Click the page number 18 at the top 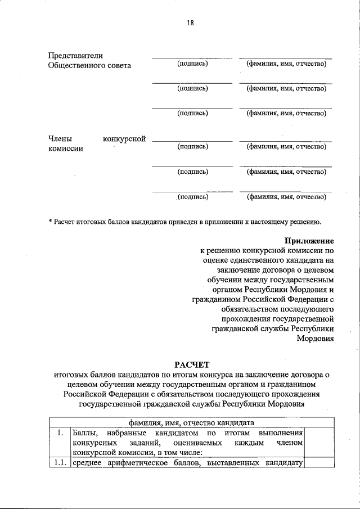click(x=190, y=23)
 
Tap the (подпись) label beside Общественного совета click(x=192, y=64)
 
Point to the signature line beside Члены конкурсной click(x=192, y=141)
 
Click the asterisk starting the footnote click(x=51, y=223)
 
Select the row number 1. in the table click(x=60, y=433)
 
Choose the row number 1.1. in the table click(x=60, y=463)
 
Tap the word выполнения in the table click(x=281, y=433)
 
